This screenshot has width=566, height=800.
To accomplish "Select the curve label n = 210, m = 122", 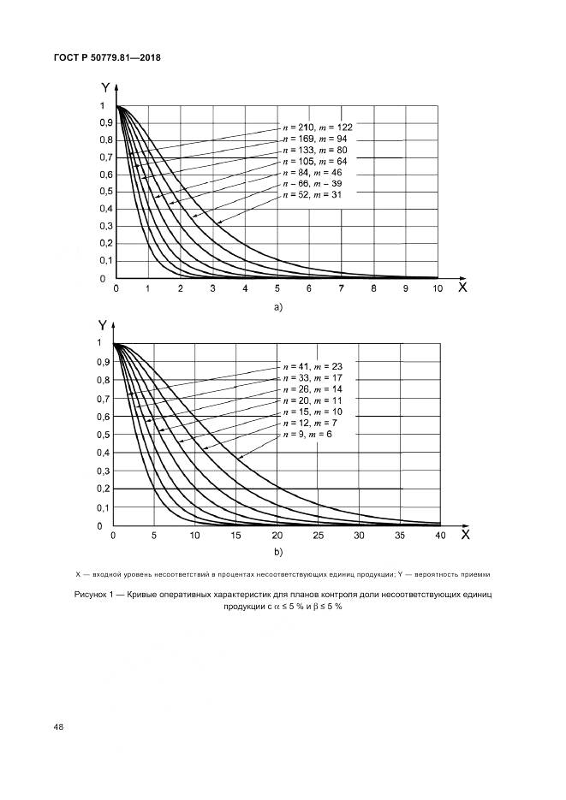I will pos(317,126).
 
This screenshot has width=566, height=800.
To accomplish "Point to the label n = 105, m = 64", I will pos(314,162).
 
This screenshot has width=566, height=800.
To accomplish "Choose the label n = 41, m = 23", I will pos(312,365).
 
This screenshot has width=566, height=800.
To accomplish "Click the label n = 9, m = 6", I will pos(306,436).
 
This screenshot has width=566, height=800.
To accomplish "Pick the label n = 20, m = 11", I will pos(312,400).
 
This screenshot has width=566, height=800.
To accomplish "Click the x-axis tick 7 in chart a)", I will pos(341,290).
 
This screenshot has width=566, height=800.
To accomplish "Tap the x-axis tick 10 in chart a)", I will pos(438,290).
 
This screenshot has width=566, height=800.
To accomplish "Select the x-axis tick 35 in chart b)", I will pos(400,536).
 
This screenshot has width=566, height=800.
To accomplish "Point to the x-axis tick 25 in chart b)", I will pos(319,536).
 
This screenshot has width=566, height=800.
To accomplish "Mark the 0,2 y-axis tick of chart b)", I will pos(102,489).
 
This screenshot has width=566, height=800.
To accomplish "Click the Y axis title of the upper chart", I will pos(104,87).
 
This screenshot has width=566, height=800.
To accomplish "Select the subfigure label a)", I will pos(277,306).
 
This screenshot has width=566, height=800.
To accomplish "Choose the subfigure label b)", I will pos(277,552).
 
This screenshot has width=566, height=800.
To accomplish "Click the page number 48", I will pos(59,727).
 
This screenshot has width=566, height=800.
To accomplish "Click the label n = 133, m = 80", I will pos(314,150).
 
